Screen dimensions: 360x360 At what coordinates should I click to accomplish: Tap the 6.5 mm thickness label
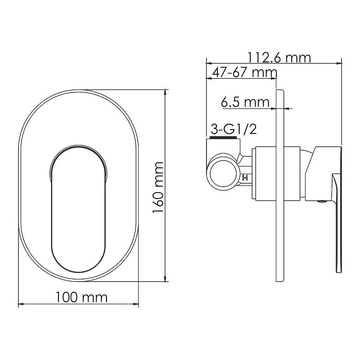click(x=245, y=103)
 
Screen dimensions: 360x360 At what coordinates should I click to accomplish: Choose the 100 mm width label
click(x=81, y=297)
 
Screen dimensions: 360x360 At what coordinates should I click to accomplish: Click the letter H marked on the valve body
click(x=245, y=177)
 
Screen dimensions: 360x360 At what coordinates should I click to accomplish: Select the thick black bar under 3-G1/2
click(x=223, y=138)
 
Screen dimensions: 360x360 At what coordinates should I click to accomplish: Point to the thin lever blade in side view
click(x=337, y=225)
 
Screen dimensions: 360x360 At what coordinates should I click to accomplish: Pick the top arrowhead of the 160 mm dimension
click(x=166, y=93)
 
